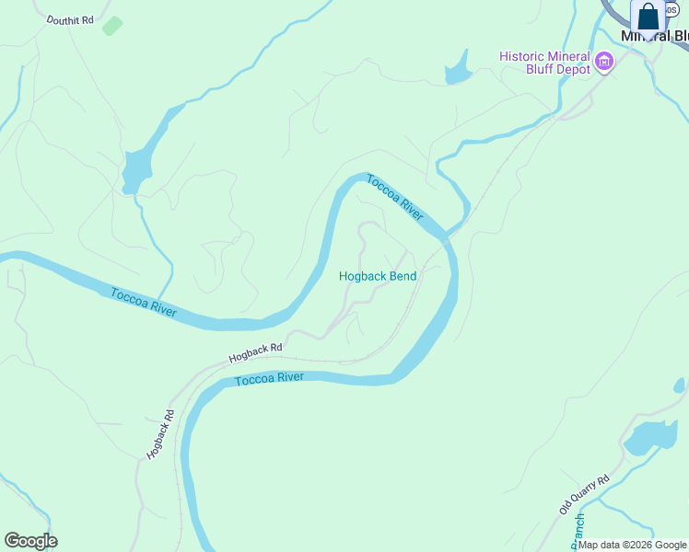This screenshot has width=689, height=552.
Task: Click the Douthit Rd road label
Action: pyautogui.click(x=70, y=19)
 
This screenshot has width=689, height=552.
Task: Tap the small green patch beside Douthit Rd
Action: pyautogui.click(x=111, y=26)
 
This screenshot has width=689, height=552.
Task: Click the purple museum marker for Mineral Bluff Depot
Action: pyautogui.click(x=604, y=62)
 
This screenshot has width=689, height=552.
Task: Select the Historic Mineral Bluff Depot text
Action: pyautogui.click(x=544, y=63)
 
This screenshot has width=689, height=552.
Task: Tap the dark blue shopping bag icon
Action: pyautogui.click(x=648, y=17)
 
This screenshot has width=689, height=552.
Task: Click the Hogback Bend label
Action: pyautogui.click(x=378, y=276)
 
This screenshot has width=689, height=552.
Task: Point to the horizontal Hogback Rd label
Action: pyautogui.click(x=255, y=351)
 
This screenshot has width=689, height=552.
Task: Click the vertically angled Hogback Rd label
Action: pyautogui.click(x=159, y=434)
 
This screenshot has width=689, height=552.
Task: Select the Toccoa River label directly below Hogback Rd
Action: pyautogui.click(x=269, y=379)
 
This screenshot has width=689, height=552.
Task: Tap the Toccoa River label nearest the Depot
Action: pyautogui.click(x=394, y=197)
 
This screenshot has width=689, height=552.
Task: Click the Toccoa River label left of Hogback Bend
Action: pyautogui.click(x=143, y=303)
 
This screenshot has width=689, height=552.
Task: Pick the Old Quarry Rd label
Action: pyautogui.click(x=584, y=494)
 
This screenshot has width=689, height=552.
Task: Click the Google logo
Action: pyautogui.click(x=30, y=541)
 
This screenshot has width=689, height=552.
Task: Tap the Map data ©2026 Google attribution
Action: pyautogui.click(x=632, y=545)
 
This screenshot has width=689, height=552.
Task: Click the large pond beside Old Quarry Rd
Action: pyautogui.click(x=650, y=437)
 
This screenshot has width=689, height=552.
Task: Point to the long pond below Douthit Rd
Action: pyautogui.click(x=138, y=166)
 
